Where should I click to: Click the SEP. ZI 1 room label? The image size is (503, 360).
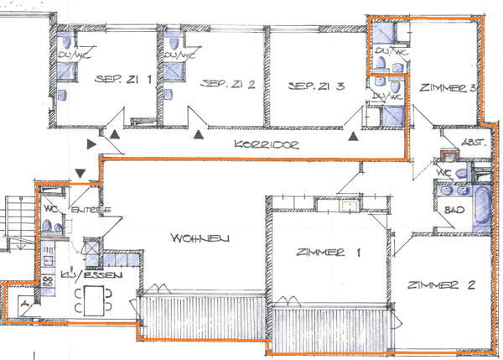123,81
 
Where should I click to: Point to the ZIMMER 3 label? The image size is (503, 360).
449,86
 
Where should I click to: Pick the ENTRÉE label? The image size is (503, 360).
86,210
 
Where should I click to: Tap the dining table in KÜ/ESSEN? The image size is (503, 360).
93,300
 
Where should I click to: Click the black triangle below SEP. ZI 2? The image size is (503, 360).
199,133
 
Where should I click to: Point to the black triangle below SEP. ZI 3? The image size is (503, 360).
355,134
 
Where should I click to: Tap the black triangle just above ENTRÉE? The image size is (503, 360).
80,173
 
